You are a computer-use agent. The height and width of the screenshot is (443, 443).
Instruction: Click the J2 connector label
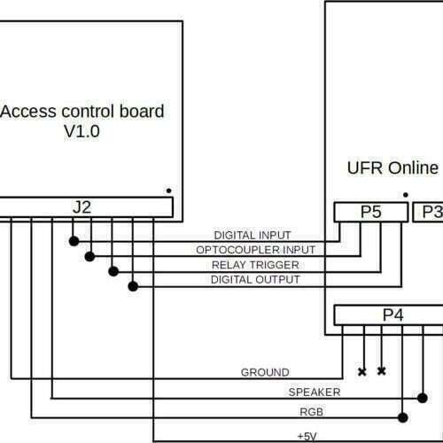(x=82, y=207)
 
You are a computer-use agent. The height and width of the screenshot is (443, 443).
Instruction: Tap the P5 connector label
(x=371, y=212)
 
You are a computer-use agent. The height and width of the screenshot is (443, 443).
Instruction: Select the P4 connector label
(x=393, y=315)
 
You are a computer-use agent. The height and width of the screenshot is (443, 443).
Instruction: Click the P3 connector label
(x=432, y=212)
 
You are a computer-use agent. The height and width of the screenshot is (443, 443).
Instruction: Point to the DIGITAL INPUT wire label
(x=253, y=236)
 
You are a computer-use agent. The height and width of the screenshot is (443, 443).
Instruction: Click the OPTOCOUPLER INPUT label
(x=256, y=250)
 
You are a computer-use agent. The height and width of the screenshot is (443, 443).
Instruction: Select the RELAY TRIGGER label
(x=255, y=265)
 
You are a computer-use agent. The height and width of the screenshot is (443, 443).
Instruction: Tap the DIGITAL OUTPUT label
(x=255, y=279)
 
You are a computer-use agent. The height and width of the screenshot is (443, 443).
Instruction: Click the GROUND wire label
(x=265, y=372)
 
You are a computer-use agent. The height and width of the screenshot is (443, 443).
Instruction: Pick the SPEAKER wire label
(x=315, y=392)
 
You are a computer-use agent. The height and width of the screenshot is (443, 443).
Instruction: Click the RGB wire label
(x=312, y=412)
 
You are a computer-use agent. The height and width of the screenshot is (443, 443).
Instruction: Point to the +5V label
(x=307, y=436)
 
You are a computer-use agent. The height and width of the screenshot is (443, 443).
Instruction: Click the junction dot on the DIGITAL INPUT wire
(x=74, y=241)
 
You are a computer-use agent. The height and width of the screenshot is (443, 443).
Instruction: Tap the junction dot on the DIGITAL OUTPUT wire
(x=133, y=286)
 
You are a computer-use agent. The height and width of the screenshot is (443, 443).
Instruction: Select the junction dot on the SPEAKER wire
(x=423, y=398)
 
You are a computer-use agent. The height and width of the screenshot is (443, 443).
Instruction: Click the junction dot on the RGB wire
(x=403, y=417)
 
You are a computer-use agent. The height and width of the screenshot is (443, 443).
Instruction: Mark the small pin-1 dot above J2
(x=168, y=190)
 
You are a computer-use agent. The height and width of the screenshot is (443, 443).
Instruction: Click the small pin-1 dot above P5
(x=406, y=195)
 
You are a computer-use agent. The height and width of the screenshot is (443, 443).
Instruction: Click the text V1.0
(x=82, y=131)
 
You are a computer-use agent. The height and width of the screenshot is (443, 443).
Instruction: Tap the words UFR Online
(x=392, y=168)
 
